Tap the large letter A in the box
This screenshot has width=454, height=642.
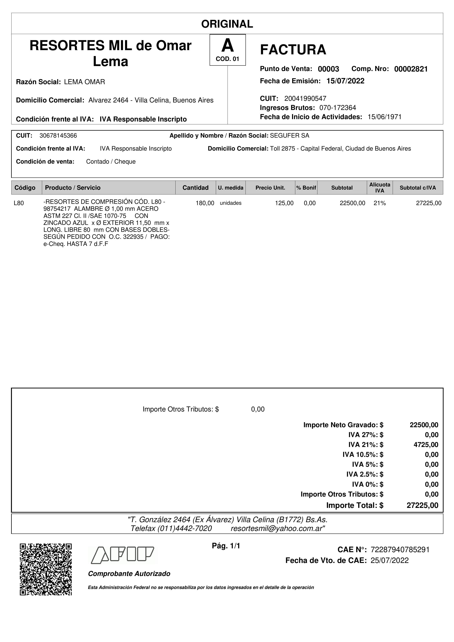click(227, 46)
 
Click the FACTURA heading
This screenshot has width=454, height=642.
click(293, 50)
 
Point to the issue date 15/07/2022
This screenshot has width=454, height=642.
click(345, 81)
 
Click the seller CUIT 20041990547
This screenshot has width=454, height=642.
click(305, 98)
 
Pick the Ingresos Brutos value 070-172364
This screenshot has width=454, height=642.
click(338, 108)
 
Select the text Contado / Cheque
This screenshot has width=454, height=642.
click(111, 162)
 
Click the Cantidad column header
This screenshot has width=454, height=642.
click(195, 188)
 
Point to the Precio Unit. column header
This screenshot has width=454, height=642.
click(270, 188)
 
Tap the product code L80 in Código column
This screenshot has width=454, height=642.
click(19, 203)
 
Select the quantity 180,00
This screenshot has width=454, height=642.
click(205, 203)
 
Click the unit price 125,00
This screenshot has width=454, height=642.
click(284, 203)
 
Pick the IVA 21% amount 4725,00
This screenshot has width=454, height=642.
click(426, 445)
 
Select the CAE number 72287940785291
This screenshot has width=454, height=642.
click(400, 550)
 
